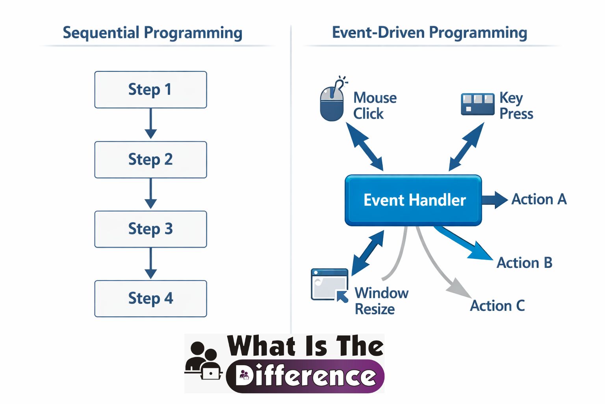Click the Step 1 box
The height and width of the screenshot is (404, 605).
[x=150, y=90]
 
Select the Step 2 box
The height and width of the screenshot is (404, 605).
[x=150, y=159]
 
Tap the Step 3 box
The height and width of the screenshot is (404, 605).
[x=150, y=229]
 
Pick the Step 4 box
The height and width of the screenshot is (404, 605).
[x=150, y=298]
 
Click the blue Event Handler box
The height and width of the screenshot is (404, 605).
[x=414, y=200]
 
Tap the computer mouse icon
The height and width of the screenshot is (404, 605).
[x=332, y=103]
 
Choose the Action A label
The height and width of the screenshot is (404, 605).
[x=539, y=199]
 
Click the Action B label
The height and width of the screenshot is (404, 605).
[x=524, y=263]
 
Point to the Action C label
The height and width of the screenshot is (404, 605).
[x=497, y=306]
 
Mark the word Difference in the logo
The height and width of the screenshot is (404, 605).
[x=306, y=376]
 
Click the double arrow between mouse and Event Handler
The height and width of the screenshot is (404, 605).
[x=364, y=146]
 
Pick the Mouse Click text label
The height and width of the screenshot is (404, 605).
[x=374, y=105]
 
